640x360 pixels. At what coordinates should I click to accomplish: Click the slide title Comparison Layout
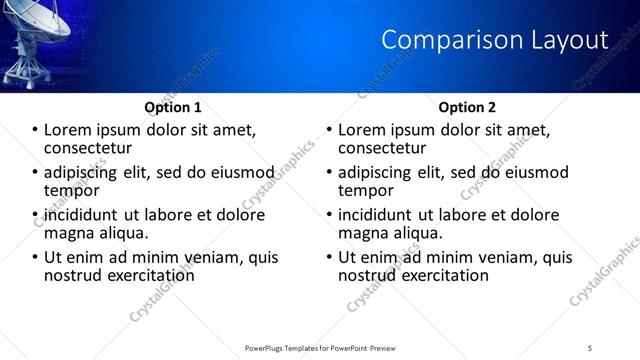[495, 40]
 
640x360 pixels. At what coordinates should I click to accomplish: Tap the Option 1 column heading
[173, 107]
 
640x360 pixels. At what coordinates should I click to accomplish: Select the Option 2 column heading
[467, 107]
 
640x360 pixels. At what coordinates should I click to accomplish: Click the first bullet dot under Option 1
[36, 130]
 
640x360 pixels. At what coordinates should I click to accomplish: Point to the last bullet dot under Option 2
[330, 257]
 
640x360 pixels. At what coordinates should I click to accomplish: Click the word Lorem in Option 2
[362, 130]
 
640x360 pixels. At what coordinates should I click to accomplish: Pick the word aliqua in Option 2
[418, 233]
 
